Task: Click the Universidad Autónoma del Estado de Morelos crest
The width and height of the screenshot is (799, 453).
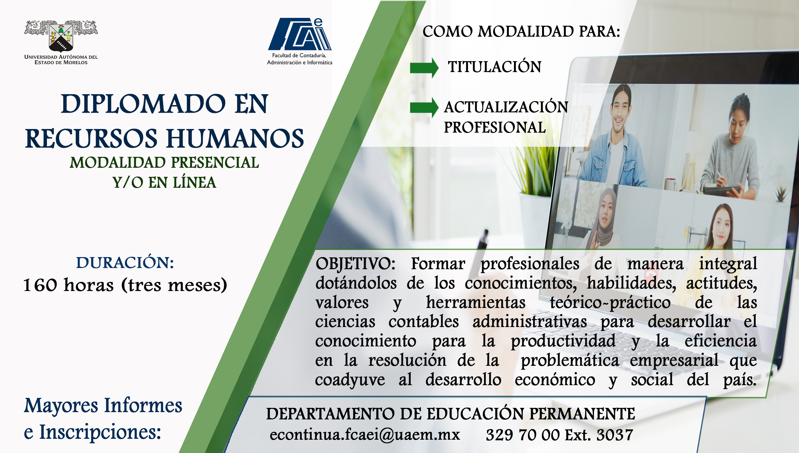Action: [x=61, y=36]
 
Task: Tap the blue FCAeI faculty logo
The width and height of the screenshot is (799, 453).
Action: [x=300, y=34]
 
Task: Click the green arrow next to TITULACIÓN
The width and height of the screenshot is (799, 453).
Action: [x=424, y=68]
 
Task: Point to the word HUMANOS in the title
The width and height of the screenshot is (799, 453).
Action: [x=235, y=138]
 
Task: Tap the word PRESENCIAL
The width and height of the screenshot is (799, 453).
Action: [x=215, y=162]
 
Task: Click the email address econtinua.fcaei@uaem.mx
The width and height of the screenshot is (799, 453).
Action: [x=365, y=434]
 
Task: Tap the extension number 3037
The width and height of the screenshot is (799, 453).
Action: [x=615, y=435]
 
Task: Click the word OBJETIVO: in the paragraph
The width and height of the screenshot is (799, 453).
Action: [x=355, y=264]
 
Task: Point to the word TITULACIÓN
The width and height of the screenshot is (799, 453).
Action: [x=495, y=67]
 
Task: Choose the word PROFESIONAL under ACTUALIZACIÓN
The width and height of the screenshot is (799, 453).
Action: [x=495, y=127]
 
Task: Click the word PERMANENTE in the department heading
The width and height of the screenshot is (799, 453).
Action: [x=582, y=414]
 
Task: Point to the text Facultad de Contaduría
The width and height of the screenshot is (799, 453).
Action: [x=299, y=55]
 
